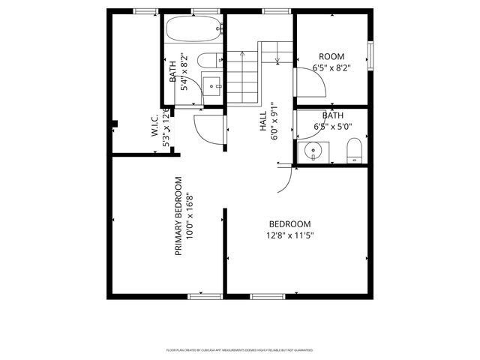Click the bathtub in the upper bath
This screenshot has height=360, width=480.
tap(193, 30)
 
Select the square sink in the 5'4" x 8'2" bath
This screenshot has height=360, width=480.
tap(212, 85)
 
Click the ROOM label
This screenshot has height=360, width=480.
tap(331, 56)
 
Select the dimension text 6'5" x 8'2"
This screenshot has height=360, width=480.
tap(331, 67)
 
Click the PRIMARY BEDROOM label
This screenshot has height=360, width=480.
tap(178, 217)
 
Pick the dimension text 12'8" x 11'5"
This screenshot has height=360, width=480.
tap(289, 235)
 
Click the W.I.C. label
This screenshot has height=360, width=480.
tap(153, 125)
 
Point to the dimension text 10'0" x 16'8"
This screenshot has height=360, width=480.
tap(190, 217)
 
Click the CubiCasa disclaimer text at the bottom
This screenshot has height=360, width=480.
tap(239, 350)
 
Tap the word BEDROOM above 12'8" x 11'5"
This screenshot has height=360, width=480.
tap(289, 224)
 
